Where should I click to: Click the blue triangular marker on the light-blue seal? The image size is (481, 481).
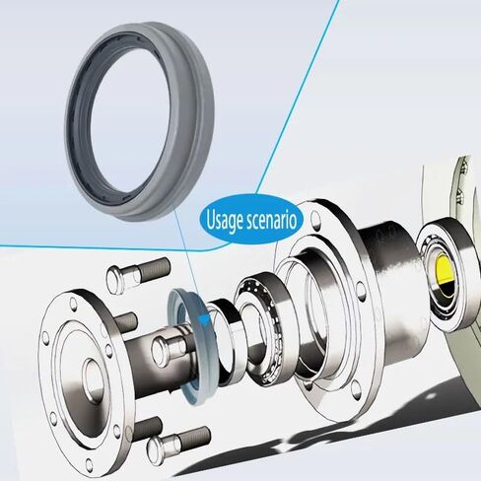coord(203,317)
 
